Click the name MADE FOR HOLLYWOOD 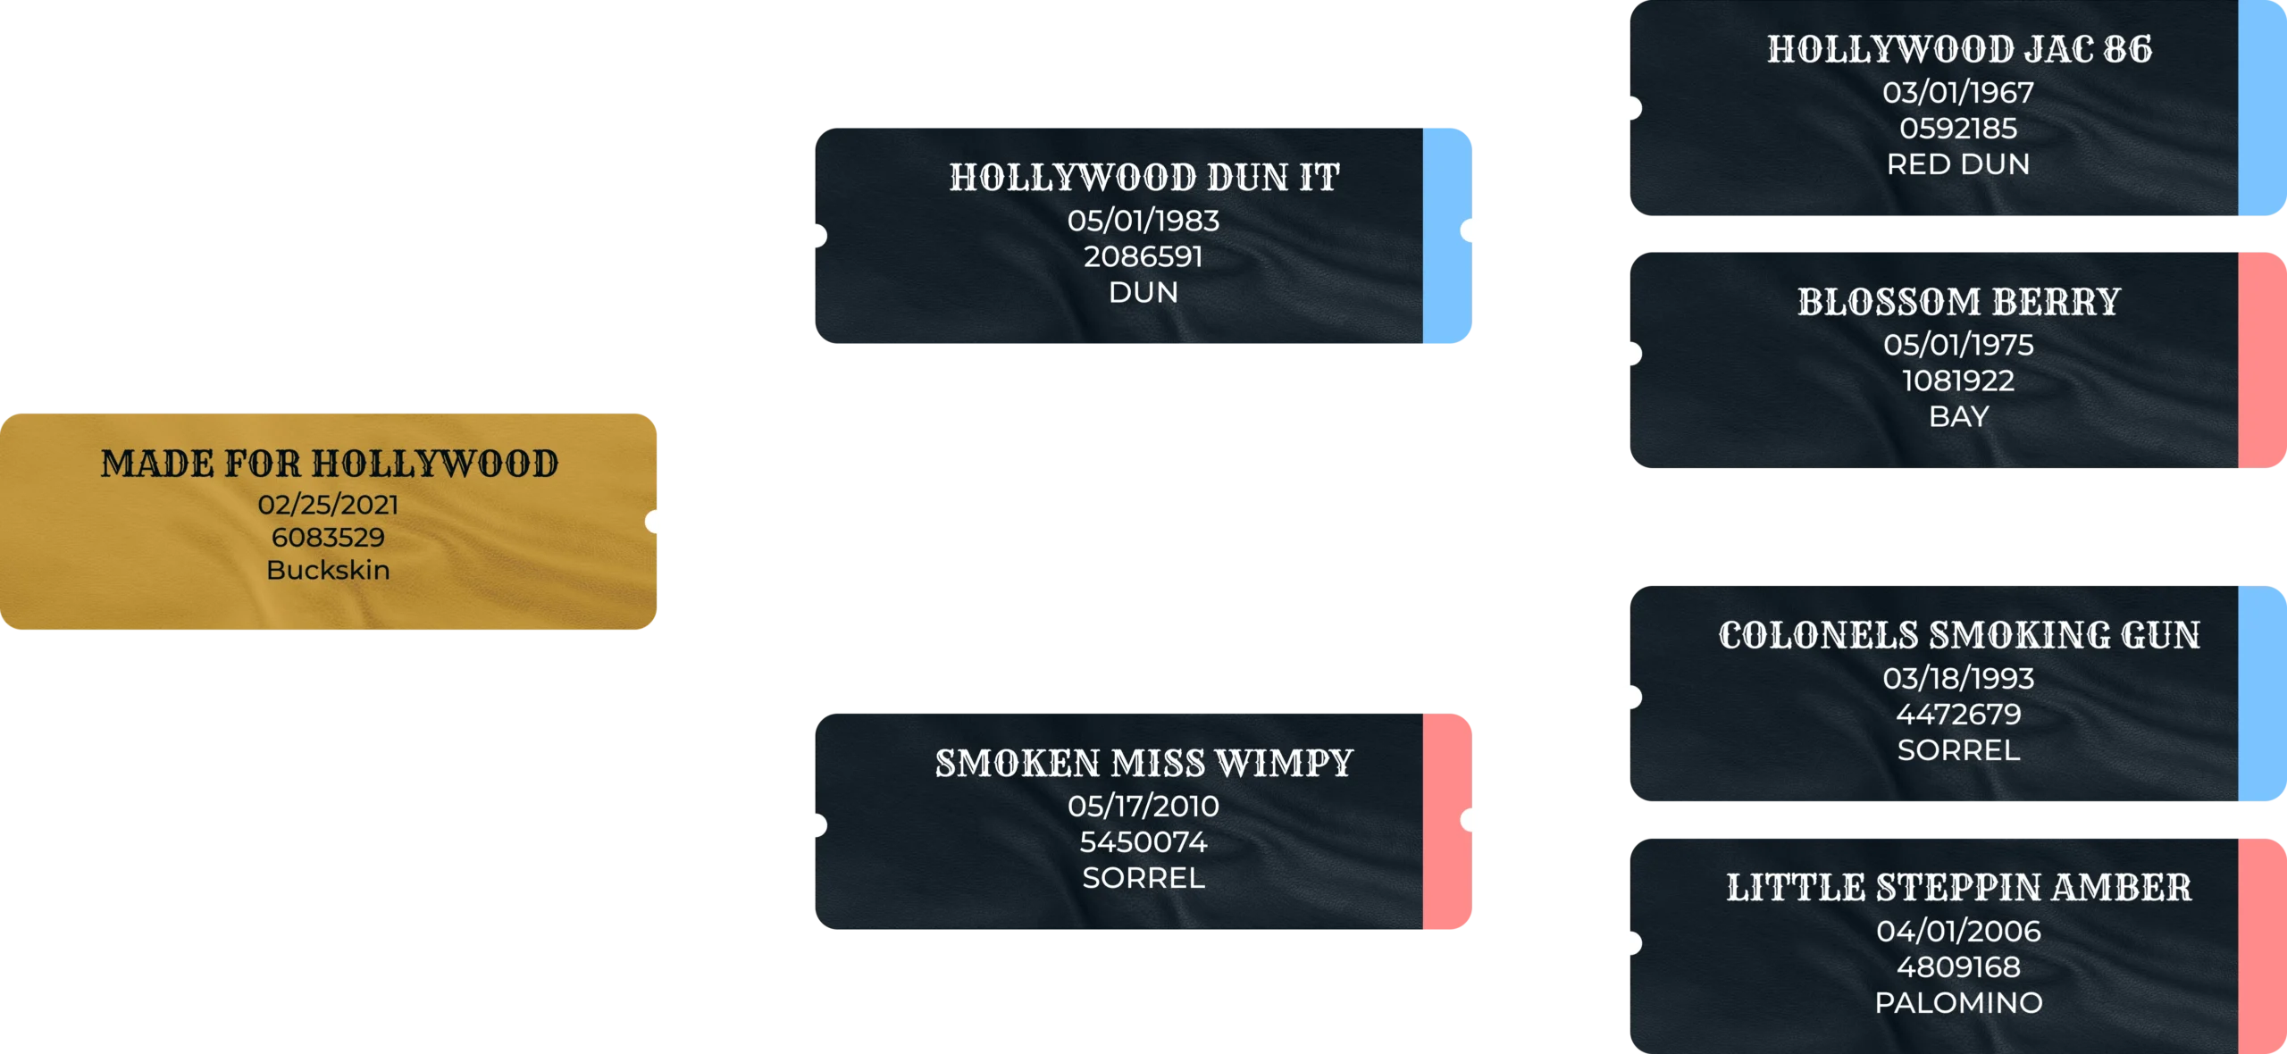pos(329,464)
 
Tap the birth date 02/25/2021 pos(328,505)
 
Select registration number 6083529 pos(328,538)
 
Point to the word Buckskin pos(328,570)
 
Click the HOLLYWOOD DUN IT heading pos(1143,178)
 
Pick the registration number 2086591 pos(1143,257)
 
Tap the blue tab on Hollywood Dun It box pos(1448,236)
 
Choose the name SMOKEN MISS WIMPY pos(1143,764)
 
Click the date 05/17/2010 pos(1143,807)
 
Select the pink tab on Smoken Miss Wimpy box pos(1448,823)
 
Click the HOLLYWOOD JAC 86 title pos(1958,50)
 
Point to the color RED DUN pos(1958,164)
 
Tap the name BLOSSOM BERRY pos(1958,302)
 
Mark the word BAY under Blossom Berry pos(1958,417)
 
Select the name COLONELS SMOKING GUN pos(1958,636)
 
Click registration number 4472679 pos(1958,715)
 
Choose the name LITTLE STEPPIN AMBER pos(1958,888)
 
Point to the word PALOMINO pos(1958,1003)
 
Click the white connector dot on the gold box pos(658,522)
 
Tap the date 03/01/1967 pos(1958,93)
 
